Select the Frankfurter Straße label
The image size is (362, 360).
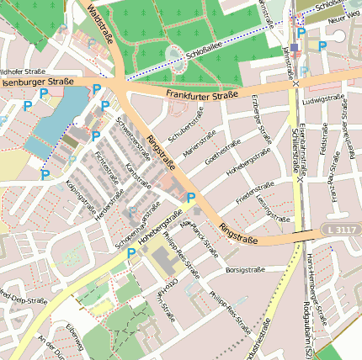tap(202, 96)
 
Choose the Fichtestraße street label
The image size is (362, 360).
tap(106, 158)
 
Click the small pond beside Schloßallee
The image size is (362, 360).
tap(175, 55)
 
